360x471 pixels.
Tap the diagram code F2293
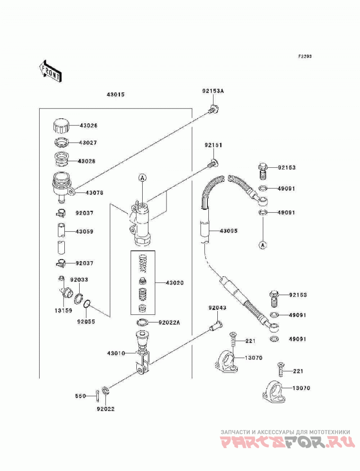(x=305, y=56)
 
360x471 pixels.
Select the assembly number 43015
(x=115, y=94)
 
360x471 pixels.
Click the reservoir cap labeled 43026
(x=61, y=126)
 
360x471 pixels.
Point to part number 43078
(x=94, y=193)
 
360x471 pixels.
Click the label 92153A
(x=213, y=91)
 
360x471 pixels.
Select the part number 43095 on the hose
(x=229, y=231)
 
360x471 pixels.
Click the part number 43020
(x=175, y=283)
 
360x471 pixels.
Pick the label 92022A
(x=170, y=323)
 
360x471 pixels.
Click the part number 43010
(x=116, y=354)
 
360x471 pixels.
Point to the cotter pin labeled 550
(x=98, y=395)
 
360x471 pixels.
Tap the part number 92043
(x=217, y=308)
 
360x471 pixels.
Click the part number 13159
(x=63, y=310)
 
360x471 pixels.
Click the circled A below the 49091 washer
(x=263, y=245)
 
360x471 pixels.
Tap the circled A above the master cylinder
(x=143, y=178)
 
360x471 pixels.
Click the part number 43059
(x=85, y=232)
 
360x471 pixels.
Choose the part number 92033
(x=79, y=280)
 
